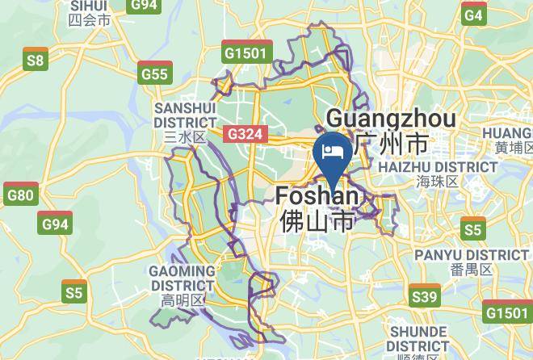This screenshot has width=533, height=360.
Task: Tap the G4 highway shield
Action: pos(474,15)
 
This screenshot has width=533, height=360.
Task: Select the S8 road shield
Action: pos(35,59)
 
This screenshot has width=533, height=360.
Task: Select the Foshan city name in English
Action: pos(317,196)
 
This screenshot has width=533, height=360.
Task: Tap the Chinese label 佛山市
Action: pos(317,220)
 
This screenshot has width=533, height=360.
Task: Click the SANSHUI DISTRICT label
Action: pos(186,115)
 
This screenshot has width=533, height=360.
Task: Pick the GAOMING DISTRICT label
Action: pos(183,278)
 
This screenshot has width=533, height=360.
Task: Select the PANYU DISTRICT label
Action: pos(472,255)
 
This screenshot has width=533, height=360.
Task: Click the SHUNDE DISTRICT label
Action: pos(418,339)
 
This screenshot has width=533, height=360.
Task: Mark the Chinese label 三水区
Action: pos(185,137)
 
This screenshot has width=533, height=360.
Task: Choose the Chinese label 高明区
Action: pos(183,301)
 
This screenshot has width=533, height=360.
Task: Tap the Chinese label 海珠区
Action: pos(438,182)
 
